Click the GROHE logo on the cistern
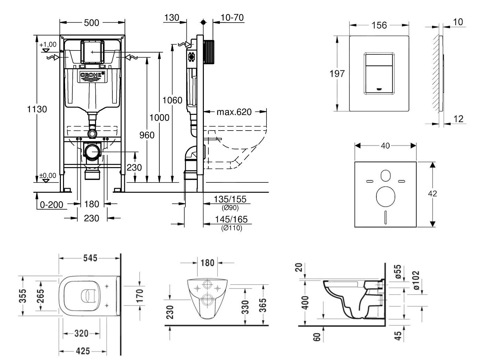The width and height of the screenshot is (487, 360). pos(92,75)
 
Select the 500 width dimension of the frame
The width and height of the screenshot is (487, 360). pos(92,23)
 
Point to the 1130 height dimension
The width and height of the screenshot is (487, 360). pos(37,109)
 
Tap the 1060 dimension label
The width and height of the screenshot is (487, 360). pos(173,100)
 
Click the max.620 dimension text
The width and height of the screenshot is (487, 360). pos(234,112)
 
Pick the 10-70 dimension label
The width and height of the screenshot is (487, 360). pos(232,17)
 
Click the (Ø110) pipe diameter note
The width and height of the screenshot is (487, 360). pos(232,228)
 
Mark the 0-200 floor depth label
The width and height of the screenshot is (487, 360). pos(52,204)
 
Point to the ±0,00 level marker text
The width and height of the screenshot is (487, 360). pos(48,175)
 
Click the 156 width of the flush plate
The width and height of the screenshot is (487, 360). pos(379,25)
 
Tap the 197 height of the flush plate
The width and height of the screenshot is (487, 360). pos(337,73)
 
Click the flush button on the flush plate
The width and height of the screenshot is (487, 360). pos(379,73)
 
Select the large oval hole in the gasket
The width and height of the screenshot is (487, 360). pos(385,196)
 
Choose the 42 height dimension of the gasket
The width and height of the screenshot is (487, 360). pos(432,194)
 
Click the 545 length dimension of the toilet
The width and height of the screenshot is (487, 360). pos(90,258)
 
